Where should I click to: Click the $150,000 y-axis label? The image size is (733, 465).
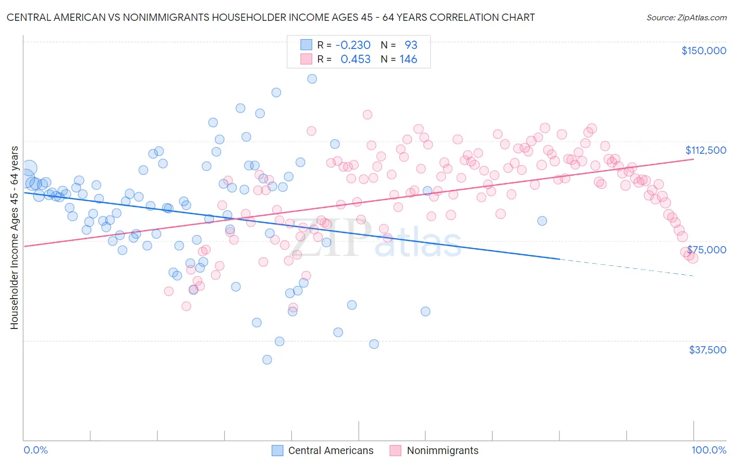[x=703, y=51]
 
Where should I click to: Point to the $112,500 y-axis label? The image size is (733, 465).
[x=705, y=150]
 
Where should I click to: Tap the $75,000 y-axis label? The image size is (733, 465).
[x=706, y=250]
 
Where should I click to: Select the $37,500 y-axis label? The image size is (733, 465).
[x=707, y=350]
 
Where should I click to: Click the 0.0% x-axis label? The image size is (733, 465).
[x=35, y=450]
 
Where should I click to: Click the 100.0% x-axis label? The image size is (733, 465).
[x=708, y=450]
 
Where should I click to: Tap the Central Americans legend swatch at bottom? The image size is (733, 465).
[x=277, y=450]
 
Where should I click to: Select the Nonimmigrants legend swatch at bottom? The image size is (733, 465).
[x=396, y=450]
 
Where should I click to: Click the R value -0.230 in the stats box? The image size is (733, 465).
[x=352, y=45]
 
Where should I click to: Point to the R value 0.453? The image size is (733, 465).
[x=355, y=59]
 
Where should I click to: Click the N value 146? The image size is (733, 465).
[x=408, y=59]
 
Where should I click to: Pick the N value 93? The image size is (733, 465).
[x=411, y=45]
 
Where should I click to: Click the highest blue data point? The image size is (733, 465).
[x=312, y=79]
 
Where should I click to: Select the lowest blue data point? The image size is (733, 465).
[x=267, y=360]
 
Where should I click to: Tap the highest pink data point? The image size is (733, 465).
[x=367, y=115]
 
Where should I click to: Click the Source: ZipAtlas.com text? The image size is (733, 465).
[x=686, y=17]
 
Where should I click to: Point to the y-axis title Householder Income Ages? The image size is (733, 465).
[x=14, y=237]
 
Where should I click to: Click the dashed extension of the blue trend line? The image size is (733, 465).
[x=626, y=267]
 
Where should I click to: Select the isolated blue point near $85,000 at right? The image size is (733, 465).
[x=542, y=221]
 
